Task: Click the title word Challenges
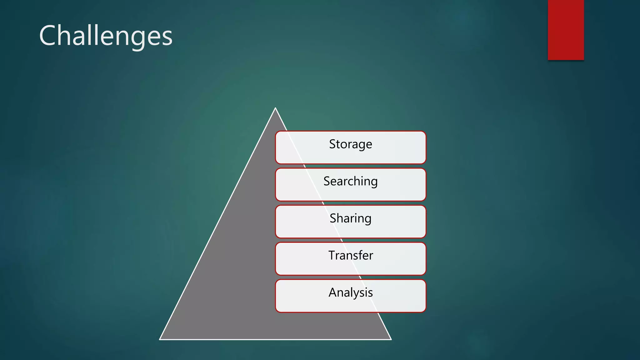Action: coord(106,36)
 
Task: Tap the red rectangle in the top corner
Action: coord(566,30)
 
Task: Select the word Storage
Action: coord(350,144)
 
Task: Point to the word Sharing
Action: coord(350,218)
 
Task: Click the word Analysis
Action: coord(350,292)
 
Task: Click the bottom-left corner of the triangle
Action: coord(160,339)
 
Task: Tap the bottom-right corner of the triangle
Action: coord(391,339)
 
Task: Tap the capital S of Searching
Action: coord(327,181)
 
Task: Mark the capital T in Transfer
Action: coord(332,255)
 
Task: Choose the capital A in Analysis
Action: coord(333,292)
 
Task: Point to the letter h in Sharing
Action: coord(340,218)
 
